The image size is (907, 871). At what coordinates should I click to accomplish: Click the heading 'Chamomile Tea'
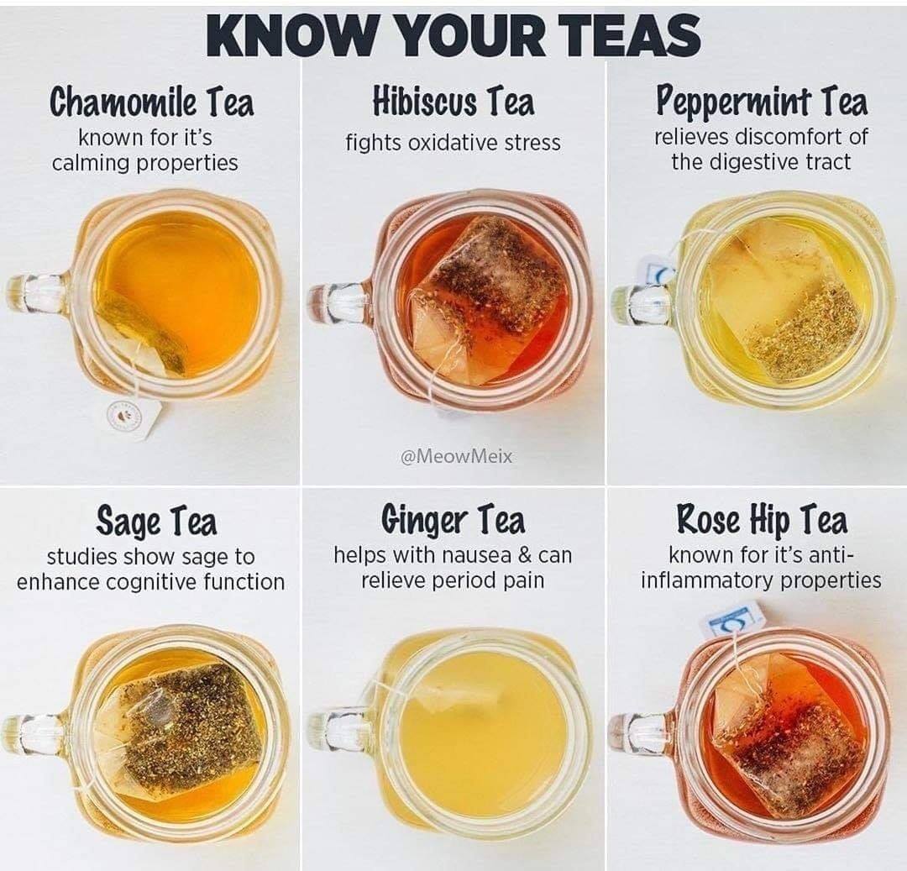151,102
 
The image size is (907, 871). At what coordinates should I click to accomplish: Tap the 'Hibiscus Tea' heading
453,102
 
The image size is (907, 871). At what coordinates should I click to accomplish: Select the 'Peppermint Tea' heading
761,102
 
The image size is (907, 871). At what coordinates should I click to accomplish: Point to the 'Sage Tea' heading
156,521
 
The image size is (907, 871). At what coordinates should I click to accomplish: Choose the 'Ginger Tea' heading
453,520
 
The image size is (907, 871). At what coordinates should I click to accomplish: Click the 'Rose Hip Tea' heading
762,519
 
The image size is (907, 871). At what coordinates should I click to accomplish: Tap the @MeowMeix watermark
456,457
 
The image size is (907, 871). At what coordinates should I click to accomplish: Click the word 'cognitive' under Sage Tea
148,582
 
